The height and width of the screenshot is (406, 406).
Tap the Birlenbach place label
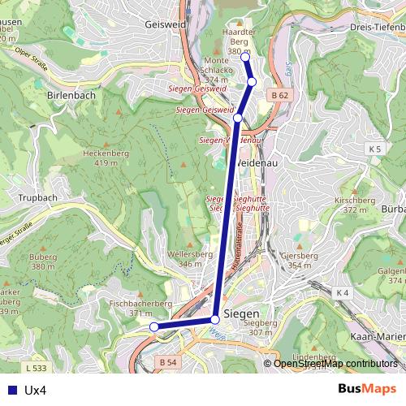(x=71, y=95)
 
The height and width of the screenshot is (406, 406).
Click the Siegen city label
(x=241, y=313)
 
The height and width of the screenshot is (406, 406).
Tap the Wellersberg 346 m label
(x=184, y=259)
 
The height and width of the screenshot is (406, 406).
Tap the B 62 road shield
(x=280, y=95)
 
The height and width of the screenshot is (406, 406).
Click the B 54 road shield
(x=168, y=361)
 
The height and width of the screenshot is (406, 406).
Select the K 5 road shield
(x=374, y=149)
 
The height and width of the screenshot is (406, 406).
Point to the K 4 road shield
(x=342, y=292)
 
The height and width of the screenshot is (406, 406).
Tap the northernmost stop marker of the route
(x=245, y=57)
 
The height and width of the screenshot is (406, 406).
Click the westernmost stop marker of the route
(x=153, y=326)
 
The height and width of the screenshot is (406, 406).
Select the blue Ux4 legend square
(x=11, y=390)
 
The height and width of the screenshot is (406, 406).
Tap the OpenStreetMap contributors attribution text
(x=335, y=363)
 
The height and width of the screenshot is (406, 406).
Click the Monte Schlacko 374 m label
(x=217, y=71)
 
